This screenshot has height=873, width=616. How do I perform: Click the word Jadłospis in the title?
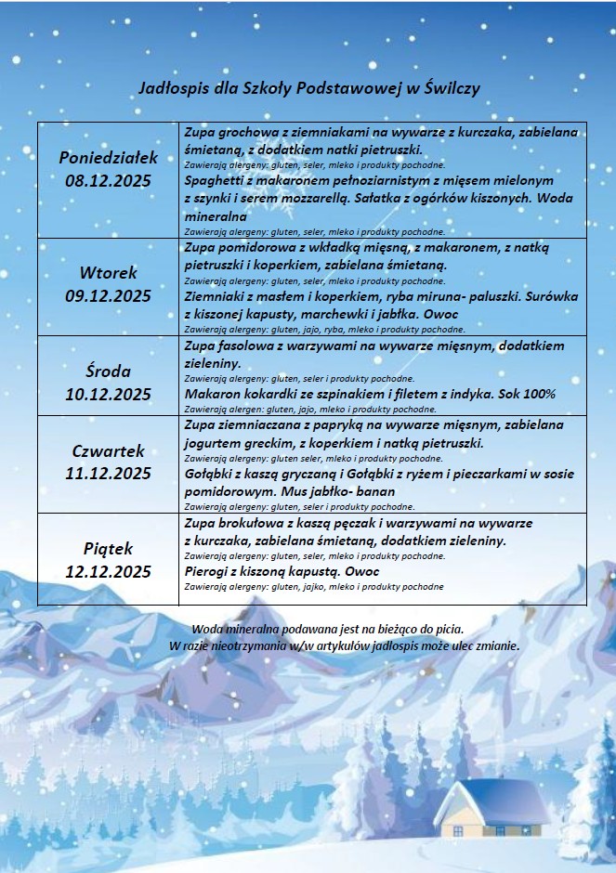pyautogui.click(x=169, y=88)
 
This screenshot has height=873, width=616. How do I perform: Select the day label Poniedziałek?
pyautogui.click(x=108, y=157)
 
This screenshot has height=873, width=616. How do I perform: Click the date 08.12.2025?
pyautogui.click(x=108, y=180)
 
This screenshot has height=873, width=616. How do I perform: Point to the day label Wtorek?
pyautogui.click(x=108, y=273)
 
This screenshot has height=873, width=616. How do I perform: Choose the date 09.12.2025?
pyautogui.click(x=108, y=296)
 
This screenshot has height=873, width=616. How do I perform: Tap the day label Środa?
pyautogui.click(x=108, y=371)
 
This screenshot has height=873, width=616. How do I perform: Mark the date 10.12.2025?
pyautogui.click(x=108, y=394)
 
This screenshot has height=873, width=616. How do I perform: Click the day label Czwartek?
pyautogui.click(x=108, y=450)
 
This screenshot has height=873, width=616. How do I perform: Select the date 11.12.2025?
pyautogui.click(x=108, y=474)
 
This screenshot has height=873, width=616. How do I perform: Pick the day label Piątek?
pyautogui.click(x=108, y=547)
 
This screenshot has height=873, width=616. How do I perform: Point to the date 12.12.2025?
pyautogui.click(x=108, y=570)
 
